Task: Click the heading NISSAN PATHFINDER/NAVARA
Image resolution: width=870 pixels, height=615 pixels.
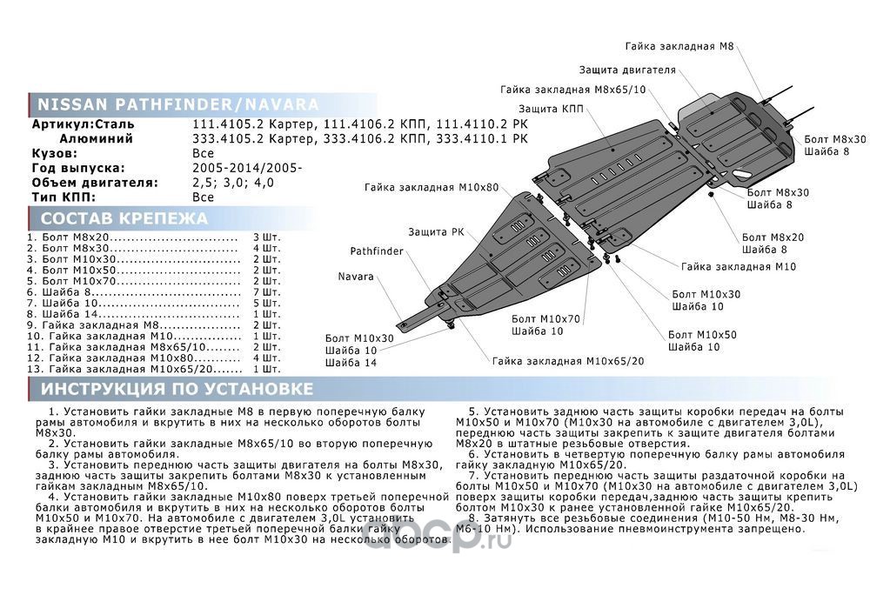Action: [x=177, y=105]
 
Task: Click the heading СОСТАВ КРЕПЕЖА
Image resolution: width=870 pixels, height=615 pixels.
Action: [x=124, y=218]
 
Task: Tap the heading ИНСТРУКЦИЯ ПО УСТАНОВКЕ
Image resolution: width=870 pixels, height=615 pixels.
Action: [x=177, y=388]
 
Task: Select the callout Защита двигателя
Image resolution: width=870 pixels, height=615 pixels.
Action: [x=627, y=70]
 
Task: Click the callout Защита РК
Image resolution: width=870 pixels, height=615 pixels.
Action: [x=436, y=232]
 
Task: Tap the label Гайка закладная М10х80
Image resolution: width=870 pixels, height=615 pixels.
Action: [x=432, y=187]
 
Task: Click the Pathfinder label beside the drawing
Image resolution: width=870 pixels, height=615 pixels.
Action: [x=377, y=251]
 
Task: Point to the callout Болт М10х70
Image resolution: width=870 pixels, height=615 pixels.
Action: [x=545, y=319]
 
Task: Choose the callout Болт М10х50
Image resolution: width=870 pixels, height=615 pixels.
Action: [x=702, y=334]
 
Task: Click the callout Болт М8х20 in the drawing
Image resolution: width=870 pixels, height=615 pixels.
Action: [x=773, y=237]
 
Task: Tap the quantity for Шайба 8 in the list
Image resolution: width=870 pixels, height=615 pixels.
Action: [x=266, y=291]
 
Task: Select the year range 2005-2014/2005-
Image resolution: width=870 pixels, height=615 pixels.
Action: [x=246, y=168]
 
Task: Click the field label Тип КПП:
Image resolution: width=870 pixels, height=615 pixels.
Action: [x=66, y=197]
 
